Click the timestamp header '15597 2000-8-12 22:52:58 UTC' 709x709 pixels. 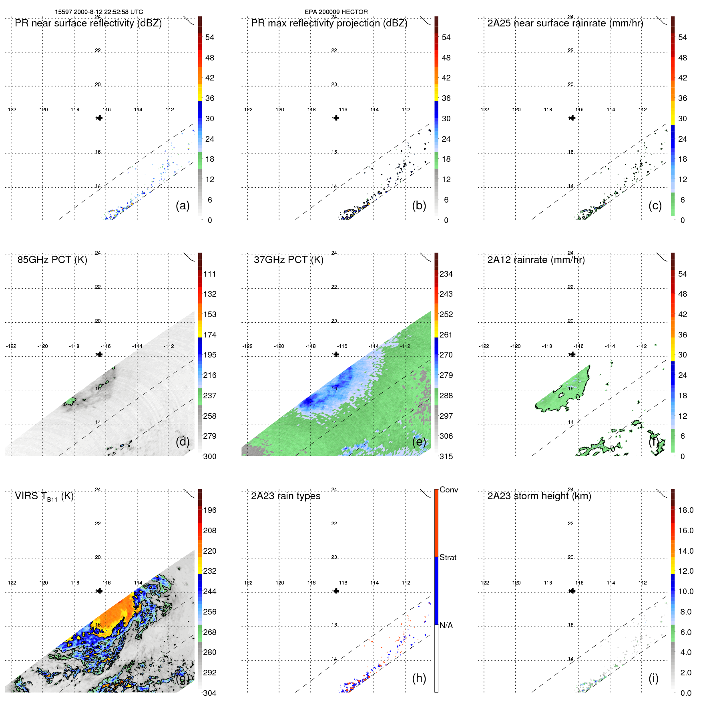pos(99,12)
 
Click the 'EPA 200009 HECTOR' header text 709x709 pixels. pos(336,12)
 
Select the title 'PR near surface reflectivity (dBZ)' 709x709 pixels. pos(88,23)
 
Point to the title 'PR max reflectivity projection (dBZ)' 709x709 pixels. pos(329,23)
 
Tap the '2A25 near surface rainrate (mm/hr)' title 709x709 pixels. pos(565,23)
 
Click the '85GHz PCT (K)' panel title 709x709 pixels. pos(52,260)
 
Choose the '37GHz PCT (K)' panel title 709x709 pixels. pos(288,260)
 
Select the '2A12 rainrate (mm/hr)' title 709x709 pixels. pos(536,260)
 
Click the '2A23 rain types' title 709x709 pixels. pos(285,496)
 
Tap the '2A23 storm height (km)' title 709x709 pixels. pos(539,496)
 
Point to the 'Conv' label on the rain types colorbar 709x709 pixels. pos(448,490)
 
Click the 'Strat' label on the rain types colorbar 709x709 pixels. pos(448,557)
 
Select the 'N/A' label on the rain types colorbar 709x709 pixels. pos(446,625)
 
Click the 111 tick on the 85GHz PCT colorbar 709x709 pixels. pos(210,274)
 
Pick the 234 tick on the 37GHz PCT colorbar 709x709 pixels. pos(446,274)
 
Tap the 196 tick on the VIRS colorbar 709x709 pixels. pos(210,510)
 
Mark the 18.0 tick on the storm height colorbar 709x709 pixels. pos(686,510)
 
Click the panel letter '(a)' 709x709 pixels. pos(183,205)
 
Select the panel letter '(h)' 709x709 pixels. pos(419,678)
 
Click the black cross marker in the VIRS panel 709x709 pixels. pos(100,591)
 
